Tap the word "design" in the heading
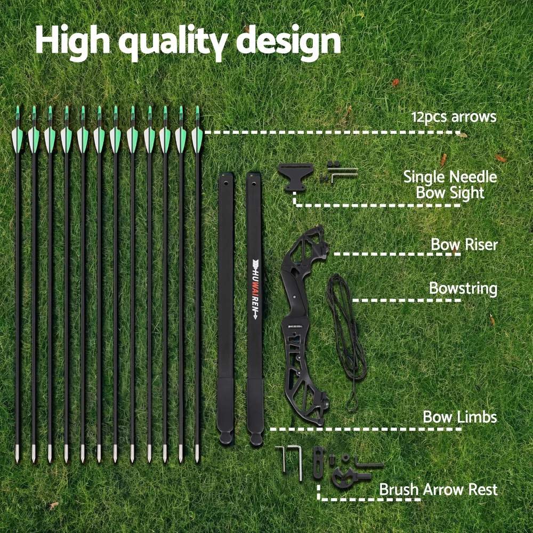coord(288,42)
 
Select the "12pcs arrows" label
coord(454,117)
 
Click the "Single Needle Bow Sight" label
coord(450,184)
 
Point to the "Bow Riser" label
coord(464,245)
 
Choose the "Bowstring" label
coord(463,289)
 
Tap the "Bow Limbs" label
coord(460,417)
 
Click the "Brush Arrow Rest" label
coord(439,489)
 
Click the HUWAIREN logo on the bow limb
coord(255,289)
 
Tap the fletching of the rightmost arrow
coord(197,140)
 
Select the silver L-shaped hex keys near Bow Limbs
coord(289,462)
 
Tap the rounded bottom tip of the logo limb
coord(256,439)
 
